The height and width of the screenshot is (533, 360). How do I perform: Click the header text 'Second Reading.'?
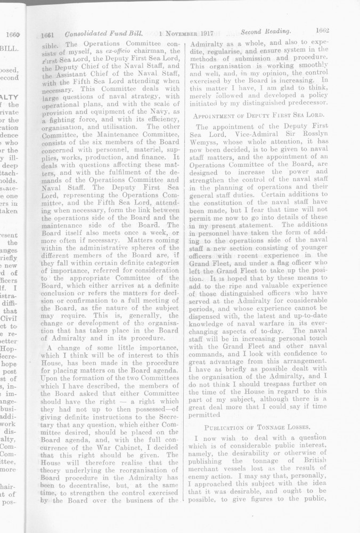264,32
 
